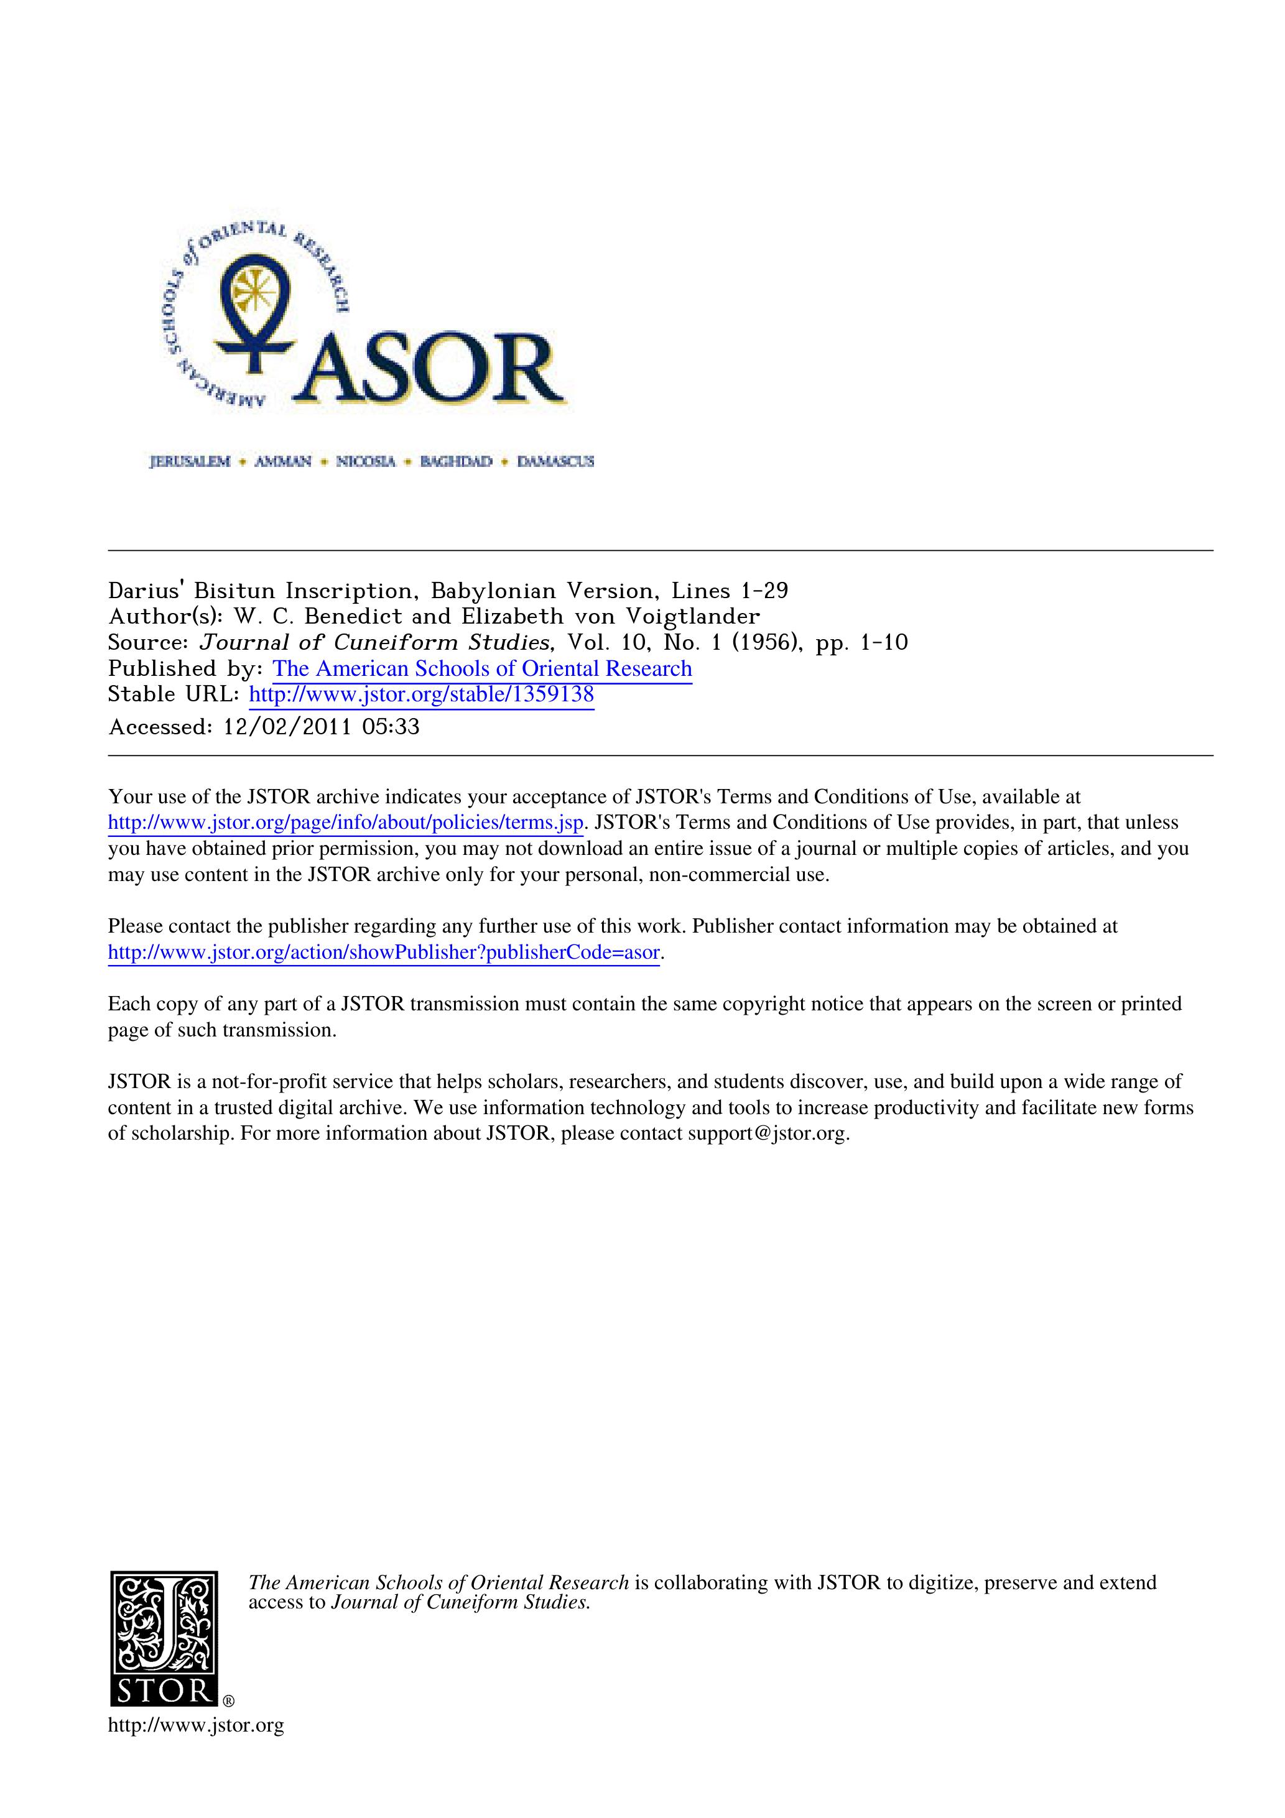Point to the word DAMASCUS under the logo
tap(555, 461)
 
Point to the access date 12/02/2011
tap(287, 727)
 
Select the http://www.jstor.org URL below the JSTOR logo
tap(196, 1725)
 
